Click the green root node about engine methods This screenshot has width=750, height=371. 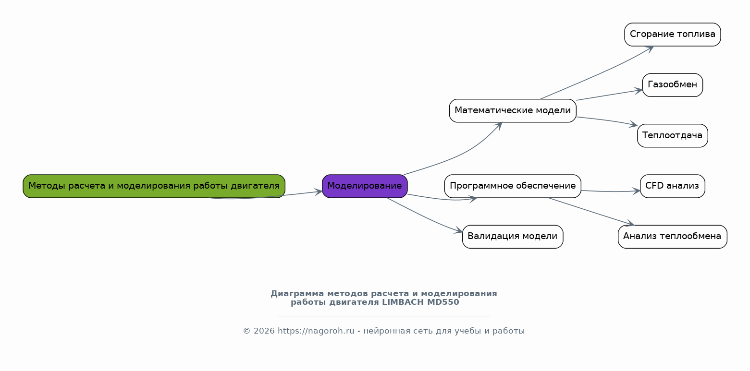[x=154, y=186]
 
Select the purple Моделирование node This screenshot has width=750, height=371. [x=365, y=186]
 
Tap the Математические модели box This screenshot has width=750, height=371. [x=513, y=111]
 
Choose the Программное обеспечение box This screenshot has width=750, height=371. [x=513, y=186]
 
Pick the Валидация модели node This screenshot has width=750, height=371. [x=513, y=237]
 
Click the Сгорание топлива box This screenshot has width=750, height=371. [x=672, y=35]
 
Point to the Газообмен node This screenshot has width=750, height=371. [x=672, y=85]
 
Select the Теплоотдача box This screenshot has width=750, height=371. [x=672, y=135]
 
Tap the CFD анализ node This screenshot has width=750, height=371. [x=672, y=186]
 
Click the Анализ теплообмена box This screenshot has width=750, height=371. [x=672, y=237]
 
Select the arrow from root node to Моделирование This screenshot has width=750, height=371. [x=288, y=194]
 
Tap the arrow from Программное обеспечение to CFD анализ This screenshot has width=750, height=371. [x=610, y=192]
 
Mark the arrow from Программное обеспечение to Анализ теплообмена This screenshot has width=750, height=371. [x=591, y=211]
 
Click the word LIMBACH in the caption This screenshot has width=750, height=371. [x=403, y=302]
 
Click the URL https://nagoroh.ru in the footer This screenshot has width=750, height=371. [x=316, y=331]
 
